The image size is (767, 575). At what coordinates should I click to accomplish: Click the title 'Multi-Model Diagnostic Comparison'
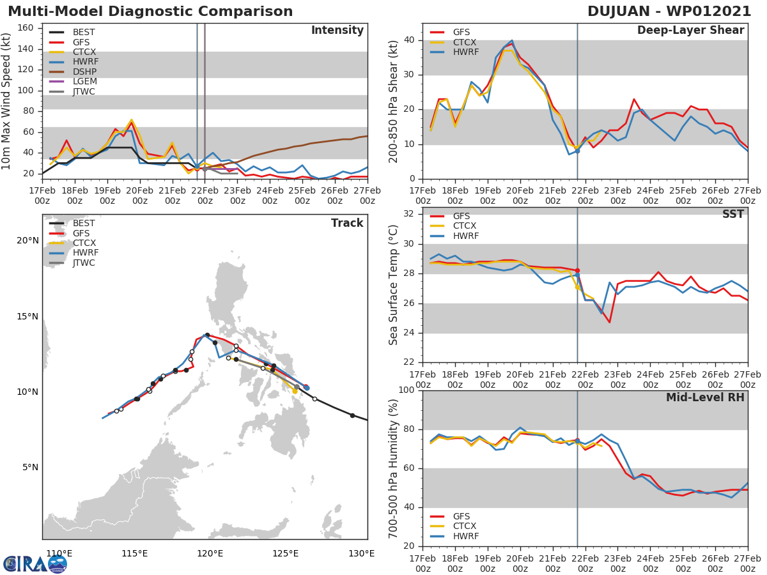[150, 11]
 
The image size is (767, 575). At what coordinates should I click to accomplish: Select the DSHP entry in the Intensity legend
[84, 71]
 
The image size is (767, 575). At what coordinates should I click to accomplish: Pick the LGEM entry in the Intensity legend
[84, 81]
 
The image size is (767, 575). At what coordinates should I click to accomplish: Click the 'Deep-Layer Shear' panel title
[690, 31]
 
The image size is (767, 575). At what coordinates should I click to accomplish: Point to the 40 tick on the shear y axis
[410, 40]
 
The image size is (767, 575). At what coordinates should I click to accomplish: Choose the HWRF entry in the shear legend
[466, 52]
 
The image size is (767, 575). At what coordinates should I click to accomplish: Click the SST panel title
[732, 215]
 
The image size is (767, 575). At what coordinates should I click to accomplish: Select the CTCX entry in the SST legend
[466, 226]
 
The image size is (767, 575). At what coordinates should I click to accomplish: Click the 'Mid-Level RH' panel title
[705, 397]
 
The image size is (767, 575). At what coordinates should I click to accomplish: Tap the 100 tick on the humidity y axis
[407, 390]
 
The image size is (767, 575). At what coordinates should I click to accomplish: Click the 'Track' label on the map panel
[346, 223]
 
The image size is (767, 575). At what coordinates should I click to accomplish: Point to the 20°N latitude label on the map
[27, 241]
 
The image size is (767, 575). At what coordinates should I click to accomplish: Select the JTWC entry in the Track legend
[84, 263]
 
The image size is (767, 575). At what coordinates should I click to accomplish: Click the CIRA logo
[35, 563]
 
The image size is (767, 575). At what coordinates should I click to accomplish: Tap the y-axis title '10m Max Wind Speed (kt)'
[7, 102]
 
